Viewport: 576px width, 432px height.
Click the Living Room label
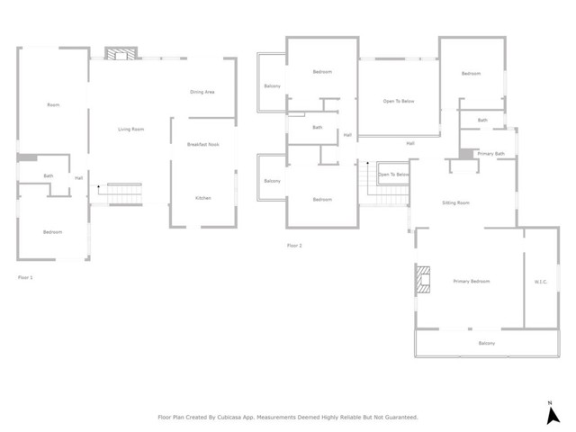coord(131,130)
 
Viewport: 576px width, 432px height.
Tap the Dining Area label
coord(202,92)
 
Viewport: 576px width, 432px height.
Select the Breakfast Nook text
coord(203,144)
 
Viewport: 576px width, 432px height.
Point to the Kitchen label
coord(203,198)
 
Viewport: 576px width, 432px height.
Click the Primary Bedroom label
coord(471,282)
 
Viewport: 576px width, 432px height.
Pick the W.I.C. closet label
coord(541,282)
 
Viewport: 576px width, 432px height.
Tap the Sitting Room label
coord(456,203)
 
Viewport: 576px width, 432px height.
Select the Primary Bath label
coord(490,154)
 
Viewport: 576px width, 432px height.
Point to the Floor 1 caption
coord(26,277)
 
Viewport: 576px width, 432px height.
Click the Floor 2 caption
coord(294,245)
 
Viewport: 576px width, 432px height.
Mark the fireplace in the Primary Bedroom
coord(423,280)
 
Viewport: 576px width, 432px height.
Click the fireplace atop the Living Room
coord(119,53)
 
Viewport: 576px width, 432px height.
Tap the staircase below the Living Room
coord(121,193)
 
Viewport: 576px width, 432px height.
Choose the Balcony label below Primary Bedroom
coord(486,343)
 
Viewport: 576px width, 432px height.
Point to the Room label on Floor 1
coord(53,105)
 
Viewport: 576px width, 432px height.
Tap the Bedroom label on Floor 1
coord(53,232)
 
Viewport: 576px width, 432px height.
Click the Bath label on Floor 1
coord(49,176)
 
